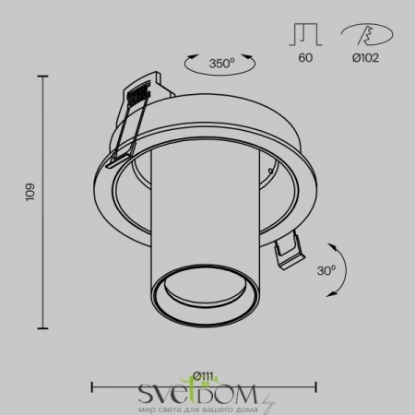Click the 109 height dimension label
click(30, 191)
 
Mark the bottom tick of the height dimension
click(43, 327)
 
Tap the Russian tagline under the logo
click(195, 406)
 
